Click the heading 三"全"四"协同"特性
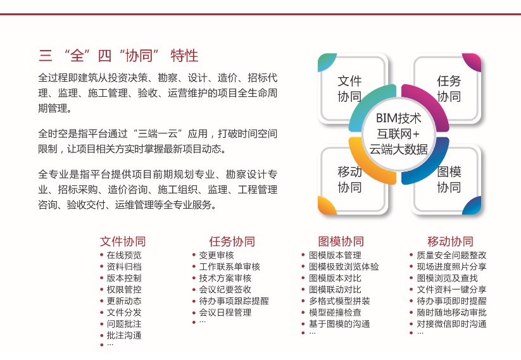118,56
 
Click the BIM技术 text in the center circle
398,118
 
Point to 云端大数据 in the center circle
398,149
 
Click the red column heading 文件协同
123,242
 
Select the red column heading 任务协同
232,242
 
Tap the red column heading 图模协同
341,242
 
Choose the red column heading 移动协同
450,242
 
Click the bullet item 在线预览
124,255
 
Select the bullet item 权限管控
124,290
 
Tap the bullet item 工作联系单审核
230,267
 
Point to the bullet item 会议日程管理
225,313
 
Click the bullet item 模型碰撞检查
335,313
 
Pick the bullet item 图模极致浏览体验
344,267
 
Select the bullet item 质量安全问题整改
451,255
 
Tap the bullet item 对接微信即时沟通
451,324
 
